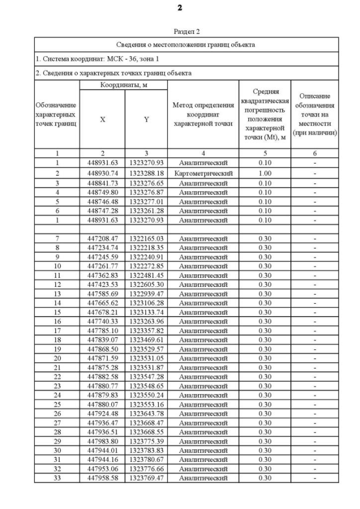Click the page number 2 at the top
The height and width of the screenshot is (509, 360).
click(179, 8)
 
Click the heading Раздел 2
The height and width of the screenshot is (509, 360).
click(186, 31)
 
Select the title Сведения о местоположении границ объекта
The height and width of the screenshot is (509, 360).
click(186, 44)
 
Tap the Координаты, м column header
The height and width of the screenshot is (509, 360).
click(123, 85)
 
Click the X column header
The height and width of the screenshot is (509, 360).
click(102, 119)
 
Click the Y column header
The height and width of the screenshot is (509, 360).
click(146, 119)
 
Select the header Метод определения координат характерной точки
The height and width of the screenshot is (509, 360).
click(203, 114)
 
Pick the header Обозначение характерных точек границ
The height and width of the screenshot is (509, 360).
click(57, 114)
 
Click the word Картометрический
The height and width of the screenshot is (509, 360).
click(203, 173)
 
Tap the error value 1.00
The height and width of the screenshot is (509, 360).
click(264, 173)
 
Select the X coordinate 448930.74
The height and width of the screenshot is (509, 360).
click(102, 173)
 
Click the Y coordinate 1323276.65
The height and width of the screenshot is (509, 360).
click(146, 183)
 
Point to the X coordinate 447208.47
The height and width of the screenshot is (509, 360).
click(102, 238)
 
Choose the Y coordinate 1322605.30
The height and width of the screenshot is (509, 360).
click(146, 285)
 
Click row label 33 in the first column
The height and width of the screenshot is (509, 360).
click(57, 478)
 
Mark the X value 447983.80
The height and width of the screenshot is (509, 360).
click(102, 441)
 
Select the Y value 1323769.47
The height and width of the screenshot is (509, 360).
click(146, 478)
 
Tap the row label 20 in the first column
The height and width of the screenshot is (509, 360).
click(57, 358)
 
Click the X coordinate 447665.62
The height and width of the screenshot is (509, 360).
click(102, 303)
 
